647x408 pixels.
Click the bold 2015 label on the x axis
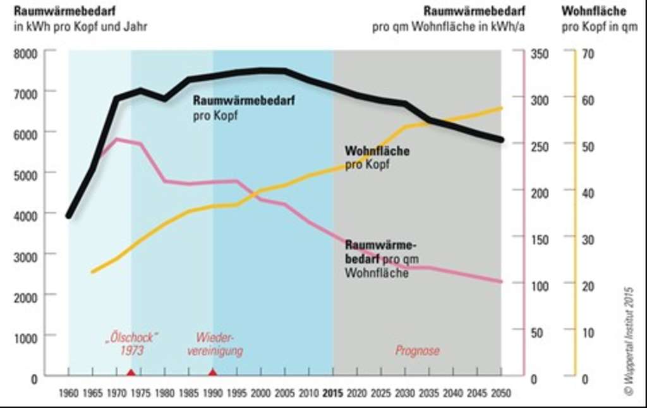[x=333, y=393]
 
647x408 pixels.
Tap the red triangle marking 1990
[x=213, y=372]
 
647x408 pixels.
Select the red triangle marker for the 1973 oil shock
[x=130, y=373]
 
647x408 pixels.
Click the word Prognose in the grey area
[x=418, y=351]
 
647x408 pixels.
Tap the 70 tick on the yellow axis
[x=588, y=53]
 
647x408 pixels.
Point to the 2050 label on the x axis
[x=500, y=393]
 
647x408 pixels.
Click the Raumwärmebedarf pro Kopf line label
[x=244, y=107]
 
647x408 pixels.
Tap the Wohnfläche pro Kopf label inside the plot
[x=377, y=158]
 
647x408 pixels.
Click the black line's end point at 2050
[x=502, y=140]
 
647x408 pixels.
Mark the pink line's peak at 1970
[x=116, y=139]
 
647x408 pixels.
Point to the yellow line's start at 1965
[x=92, y=272]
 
